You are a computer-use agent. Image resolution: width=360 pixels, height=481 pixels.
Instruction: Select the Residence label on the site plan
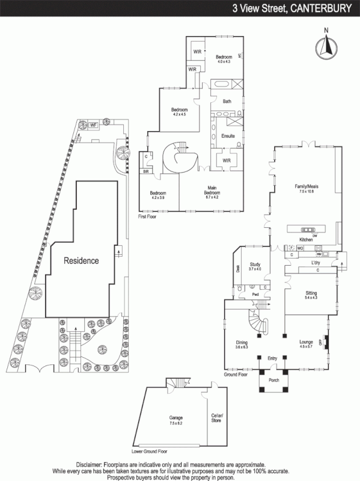click(82, 261)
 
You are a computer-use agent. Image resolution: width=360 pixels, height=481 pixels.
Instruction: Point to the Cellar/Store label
click(217, 418)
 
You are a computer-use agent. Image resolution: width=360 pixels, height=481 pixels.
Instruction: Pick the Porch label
click(273, 379)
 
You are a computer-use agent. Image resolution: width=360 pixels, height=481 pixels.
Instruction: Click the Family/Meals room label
click(306, 187)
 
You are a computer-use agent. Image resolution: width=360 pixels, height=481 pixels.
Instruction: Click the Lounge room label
click(307, 343)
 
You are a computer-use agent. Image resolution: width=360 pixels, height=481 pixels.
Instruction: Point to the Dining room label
click(241, 343)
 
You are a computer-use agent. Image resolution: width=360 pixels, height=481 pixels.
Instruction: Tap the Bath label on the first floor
click(227, 101)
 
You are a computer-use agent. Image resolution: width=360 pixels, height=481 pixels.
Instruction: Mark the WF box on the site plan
click(93, 125)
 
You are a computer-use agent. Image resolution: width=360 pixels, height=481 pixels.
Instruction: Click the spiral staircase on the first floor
click(178, 158)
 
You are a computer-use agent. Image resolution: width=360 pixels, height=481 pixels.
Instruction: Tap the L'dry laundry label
click(315, 263)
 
